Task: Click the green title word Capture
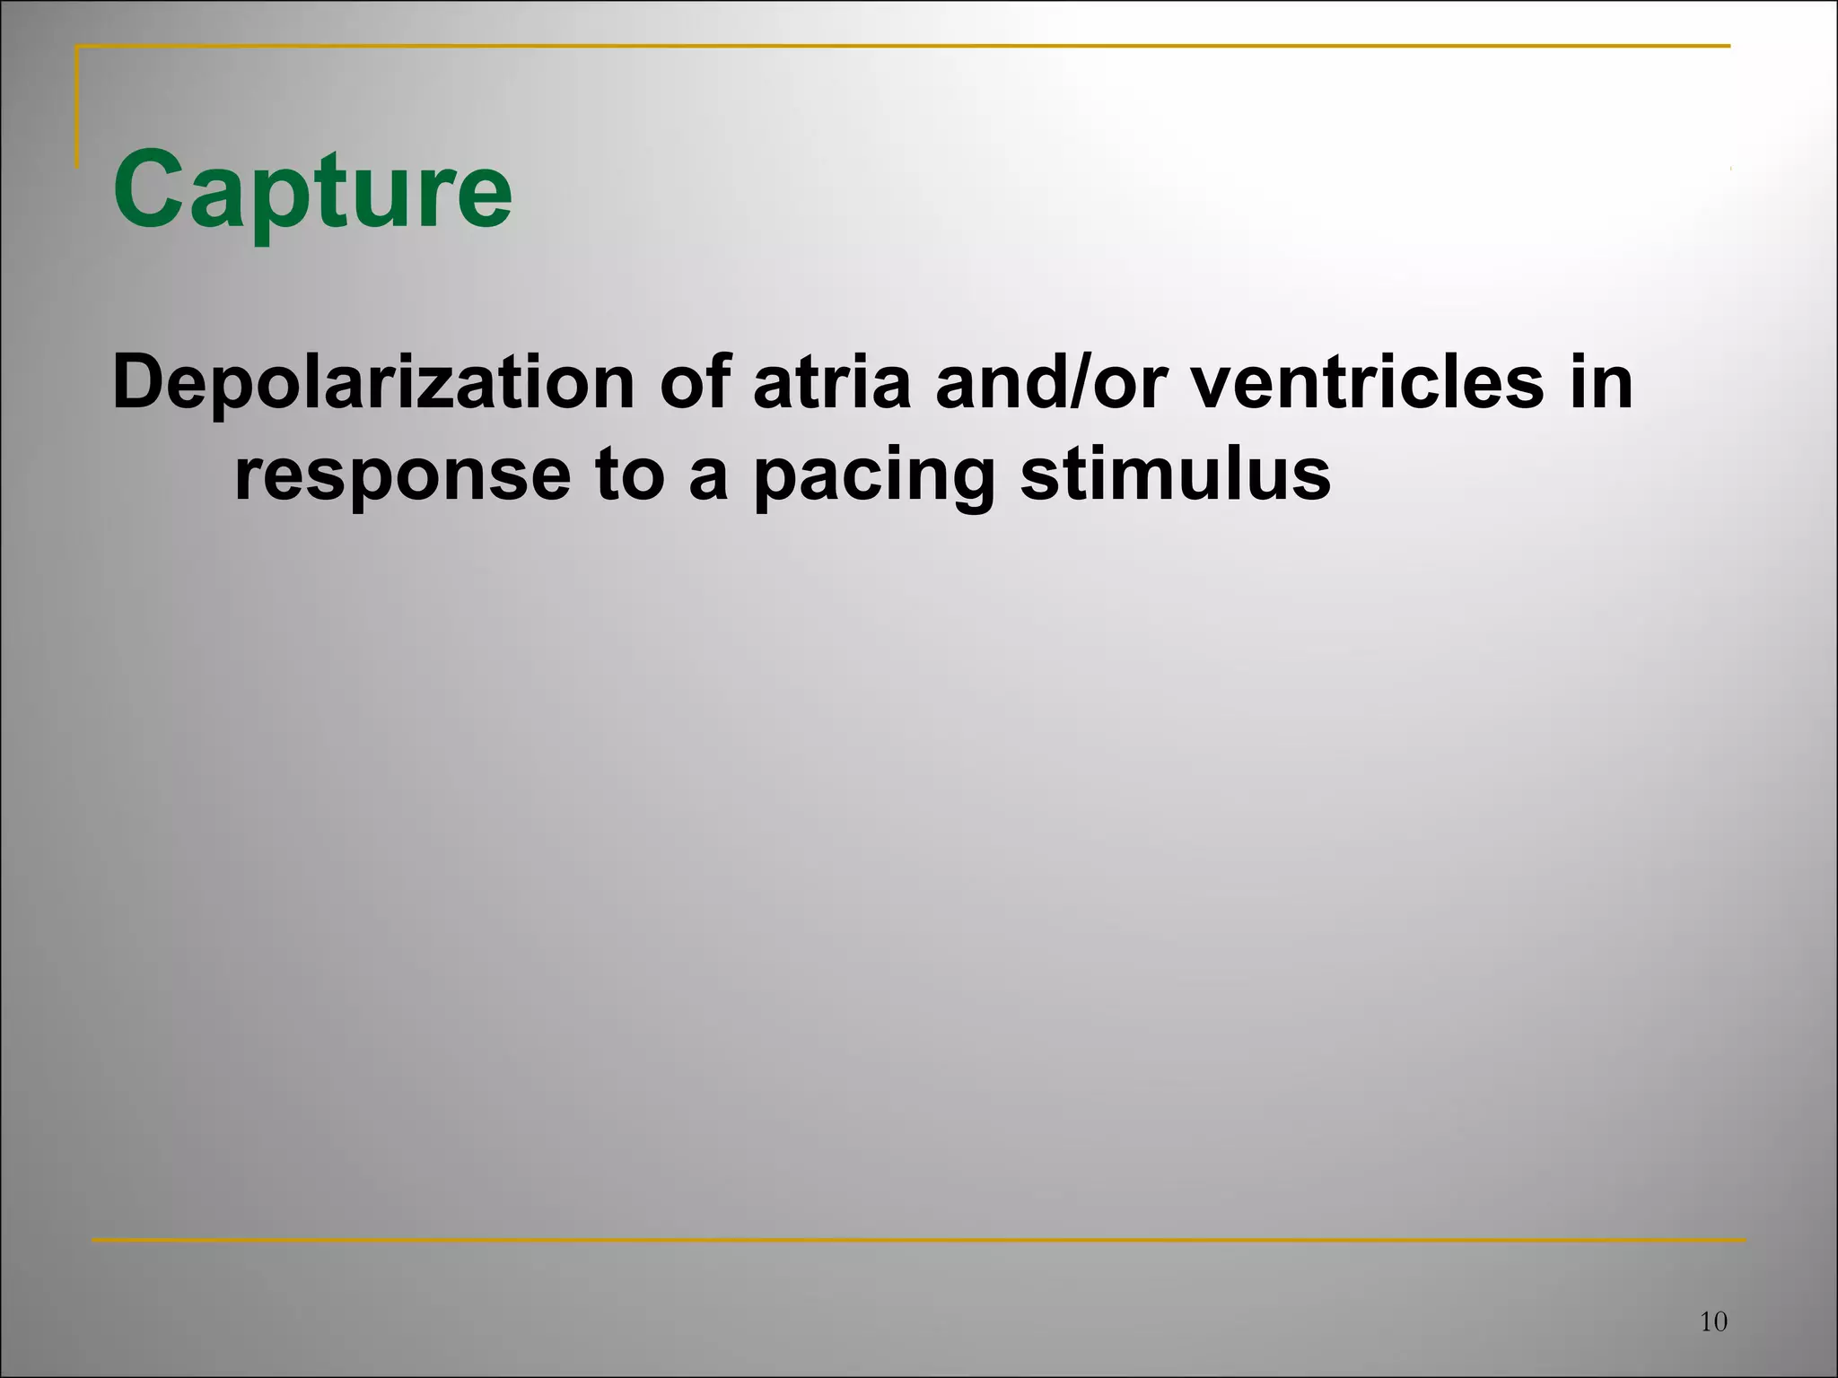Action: (x=312, y=191)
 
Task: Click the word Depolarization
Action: (x=373, y=384)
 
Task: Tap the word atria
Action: (x=831, y=384)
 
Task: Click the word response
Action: (x=402, y=477)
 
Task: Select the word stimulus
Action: (x=1175, y=475)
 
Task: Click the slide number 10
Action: (x=1713, y=1321)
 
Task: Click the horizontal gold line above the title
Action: (x=897, y=46)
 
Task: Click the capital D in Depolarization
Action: (x=139, y=384)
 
